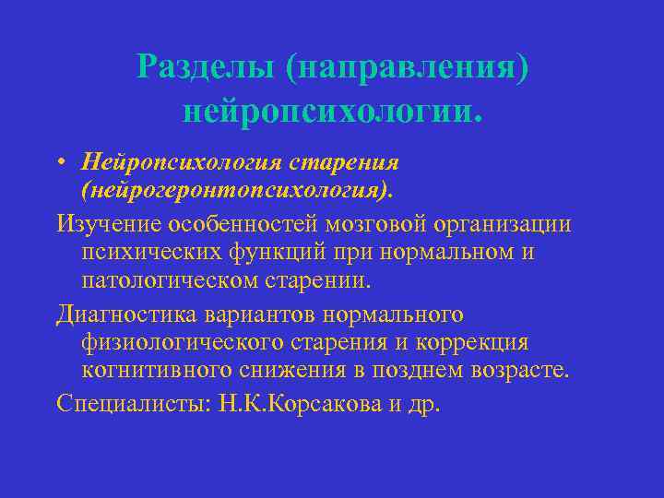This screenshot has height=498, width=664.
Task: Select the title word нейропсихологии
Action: (332, 112)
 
